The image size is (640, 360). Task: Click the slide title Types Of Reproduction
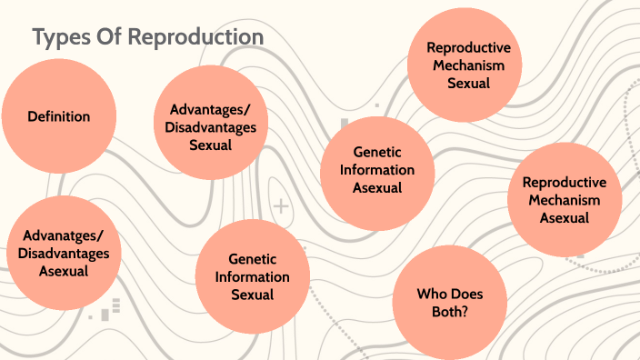tap(148, 37)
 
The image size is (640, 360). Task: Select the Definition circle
tap(59, 116)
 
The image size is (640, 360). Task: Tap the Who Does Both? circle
tap(449, 302)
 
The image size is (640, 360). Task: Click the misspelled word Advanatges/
tap(64, 236)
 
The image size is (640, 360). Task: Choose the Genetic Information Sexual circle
tap(253, 276)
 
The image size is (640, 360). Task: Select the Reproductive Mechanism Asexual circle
tap(565, 200)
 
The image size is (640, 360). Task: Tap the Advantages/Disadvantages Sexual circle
tap(211, 126)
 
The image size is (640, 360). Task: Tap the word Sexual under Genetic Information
tap(253, 294)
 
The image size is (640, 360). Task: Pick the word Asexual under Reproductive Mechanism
tap(565, 217)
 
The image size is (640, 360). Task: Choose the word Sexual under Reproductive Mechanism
tap(469, 83)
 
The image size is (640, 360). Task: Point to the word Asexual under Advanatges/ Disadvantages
tap(64, 270)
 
